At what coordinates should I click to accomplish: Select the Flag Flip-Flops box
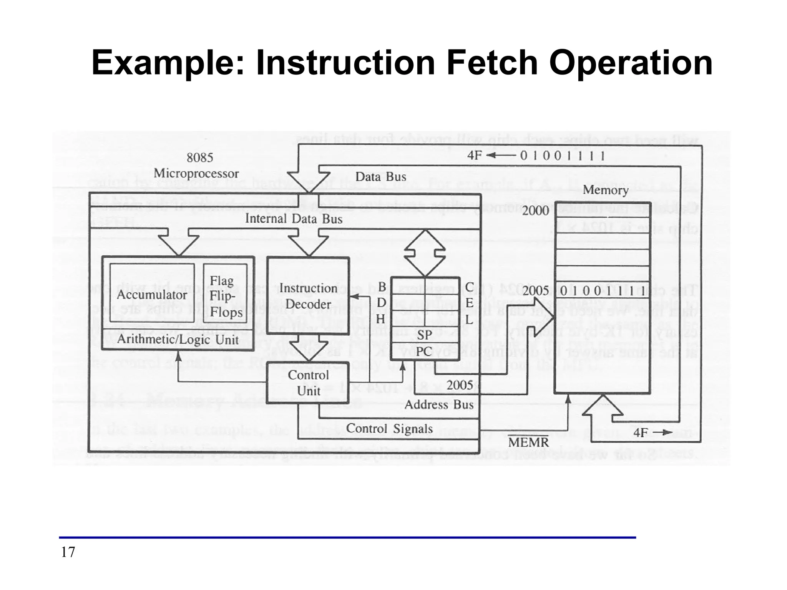(x=226, y=296)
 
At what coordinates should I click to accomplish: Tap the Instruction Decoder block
(x=308, y=296)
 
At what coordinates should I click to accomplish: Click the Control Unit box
(x=308, y=383)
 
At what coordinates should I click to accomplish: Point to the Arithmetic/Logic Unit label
(x=178, y=340)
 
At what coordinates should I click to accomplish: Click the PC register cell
(x=425, y=351)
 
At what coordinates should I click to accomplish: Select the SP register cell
(x=425, y=335)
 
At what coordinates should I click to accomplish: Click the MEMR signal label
(x=528, y=442)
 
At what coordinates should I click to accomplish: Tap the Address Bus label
(x=439, y=404)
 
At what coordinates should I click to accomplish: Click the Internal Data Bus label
(x=294, y=219)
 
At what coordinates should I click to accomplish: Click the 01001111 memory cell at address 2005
(x=602, y=291)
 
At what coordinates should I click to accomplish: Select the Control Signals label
(x=389, y=428)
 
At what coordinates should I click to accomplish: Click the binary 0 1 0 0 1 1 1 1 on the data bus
(x=563, y=156)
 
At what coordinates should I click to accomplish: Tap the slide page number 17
(x=68, y=552)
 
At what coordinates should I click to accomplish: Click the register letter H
(x=381, y=319)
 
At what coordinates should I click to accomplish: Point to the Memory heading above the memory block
(x=605, y=190)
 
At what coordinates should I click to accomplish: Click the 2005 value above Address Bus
(x=460, y=385)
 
